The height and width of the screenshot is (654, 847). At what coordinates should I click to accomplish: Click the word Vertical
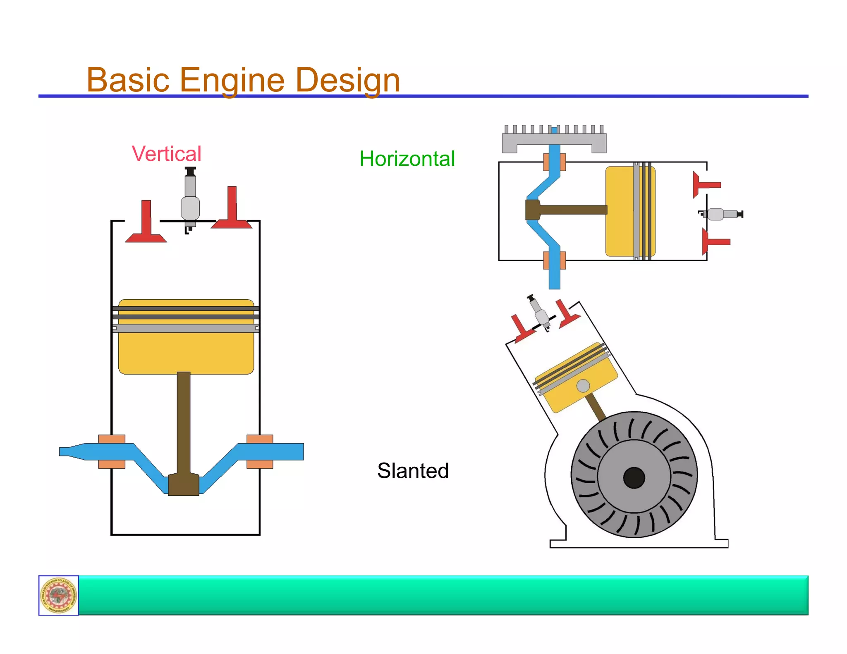coord(166,154)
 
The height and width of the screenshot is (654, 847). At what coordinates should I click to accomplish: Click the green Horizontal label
coord(407,159)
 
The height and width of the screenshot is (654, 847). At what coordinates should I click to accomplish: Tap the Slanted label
coord(412,470)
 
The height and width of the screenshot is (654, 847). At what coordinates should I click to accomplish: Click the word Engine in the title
coord(232,80)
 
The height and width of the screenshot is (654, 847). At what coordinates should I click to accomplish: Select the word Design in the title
coord(347,80)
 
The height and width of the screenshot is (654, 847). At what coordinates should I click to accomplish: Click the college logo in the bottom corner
coord(59,595)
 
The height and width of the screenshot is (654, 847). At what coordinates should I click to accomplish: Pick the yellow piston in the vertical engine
coord(186,351)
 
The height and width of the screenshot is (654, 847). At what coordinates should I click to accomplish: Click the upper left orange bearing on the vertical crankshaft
coord(112,439)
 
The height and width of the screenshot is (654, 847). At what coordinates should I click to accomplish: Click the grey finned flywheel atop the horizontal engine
coord(554,138)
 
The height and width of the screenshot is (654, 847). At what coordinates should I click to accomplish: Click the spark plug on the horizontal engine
coord(721,214)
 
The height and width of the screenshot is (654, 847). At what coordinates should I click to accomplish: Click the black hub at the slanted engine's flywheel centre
coord(634,477)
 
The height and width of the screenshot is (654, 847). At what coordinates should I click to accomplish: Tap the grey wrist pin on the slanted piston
coord(583,386)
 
